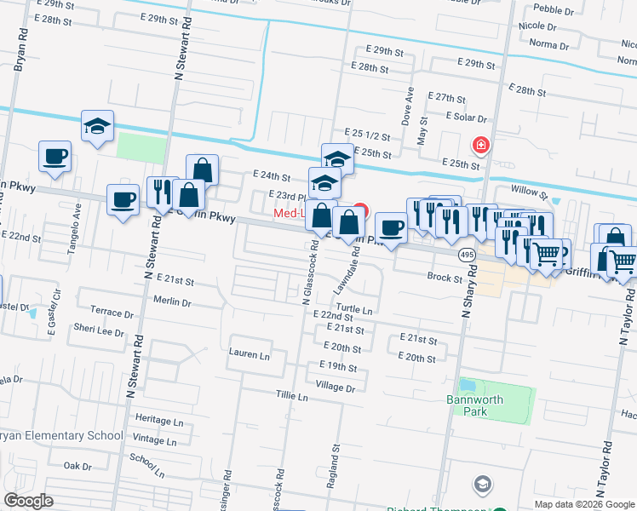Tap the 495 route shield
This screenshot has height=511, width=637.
[466, 255]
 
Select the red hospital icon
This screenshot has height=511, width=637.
[481, 145]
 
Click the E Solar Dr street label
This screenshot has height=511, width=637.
[465, 118]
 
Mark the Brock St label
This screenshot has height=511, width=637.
[445, 278]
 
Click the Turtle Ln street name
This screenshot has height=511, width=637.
[354, 311]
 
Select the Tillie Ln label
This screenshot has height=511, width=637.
[291, 396]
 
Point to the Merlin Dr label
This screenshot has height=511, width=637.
[172, 301]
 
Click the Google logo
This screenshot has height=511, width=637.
[29, 501]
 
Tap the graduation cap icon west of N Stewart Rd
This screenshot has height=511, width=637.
[97, 126]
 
